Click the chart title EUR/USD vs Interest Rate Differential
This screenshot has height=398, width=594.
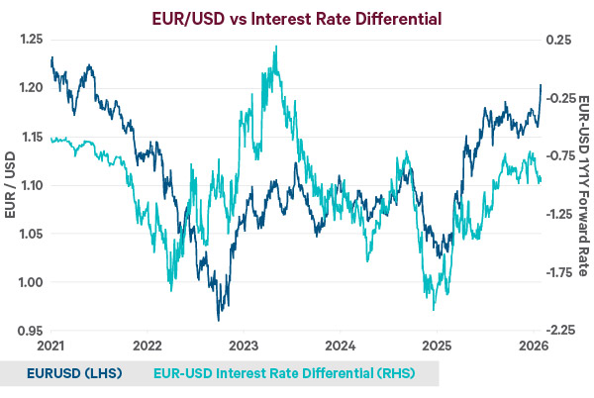[297, 17]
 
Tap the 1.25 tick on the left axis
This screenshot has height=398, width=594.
[32, 40]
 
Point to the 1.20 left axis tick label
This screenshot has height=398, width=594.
[32, 88]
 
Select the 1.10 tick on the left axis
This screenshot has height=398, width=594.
[32, 185]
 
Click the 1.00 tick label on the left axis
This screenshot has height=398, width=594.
[32, 282]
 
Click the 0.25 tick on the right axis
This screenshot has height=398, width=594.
[559, 40]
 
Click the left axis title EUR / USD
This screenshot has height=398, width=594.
[10, 185]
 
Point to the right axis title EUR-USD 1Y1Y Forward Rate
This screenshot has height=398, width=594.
[584, 185]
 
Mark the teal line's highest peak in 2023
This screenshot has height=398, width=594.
[275, 47]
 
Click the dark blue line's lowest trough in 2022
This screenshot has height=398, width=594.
[219, 320]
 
